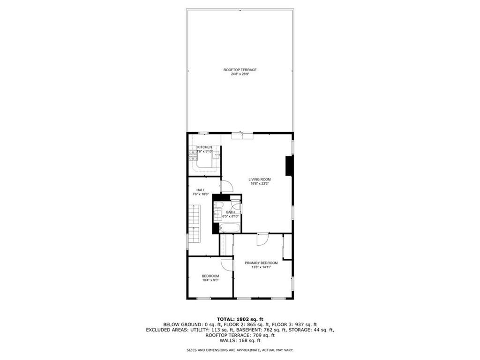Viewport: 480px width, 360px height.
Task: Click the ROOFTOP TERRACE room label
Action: (240, 70)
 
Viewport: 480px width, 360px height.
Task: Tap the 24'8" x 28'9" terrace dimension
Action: (240, 74)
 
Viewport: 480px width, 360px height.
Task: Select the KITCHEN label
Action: (204, 147)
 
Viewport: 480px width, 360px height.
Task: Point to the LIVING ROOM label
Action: (259, 180)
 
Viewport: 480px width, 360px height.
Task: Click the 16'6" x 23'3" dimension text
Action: (259, 184)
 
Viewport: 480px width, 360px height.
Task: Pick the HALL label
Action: (200, 190)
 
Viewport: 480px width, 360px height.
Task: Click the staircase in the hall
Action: (194, 222)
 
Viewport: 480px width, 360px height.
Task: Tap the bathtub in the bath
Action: (230, 228)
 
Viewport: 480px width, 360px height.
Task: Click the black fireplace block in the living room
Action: (289, 166)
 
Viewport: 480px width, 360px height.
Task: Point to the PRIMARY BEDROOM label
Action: (261, 263)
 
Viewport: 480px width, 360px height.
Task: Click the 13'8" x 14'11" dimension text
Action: (261, 267)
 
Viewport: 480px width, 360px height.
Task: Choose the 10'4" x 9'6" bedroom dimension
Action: (210, 280)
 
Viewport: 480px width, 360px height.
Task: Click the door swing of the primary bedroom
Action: (262, 239)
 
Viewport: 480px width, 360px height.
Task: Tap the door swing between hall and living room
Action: (227, 186)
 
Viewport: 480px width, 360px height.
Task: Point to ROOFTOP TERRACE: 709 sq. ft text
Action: (240, 335)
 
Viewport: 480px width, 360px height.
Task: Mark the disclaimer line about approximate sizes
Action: (240, 350)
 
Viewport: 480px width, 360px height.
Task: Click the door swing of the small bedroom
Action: (227, 264)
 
